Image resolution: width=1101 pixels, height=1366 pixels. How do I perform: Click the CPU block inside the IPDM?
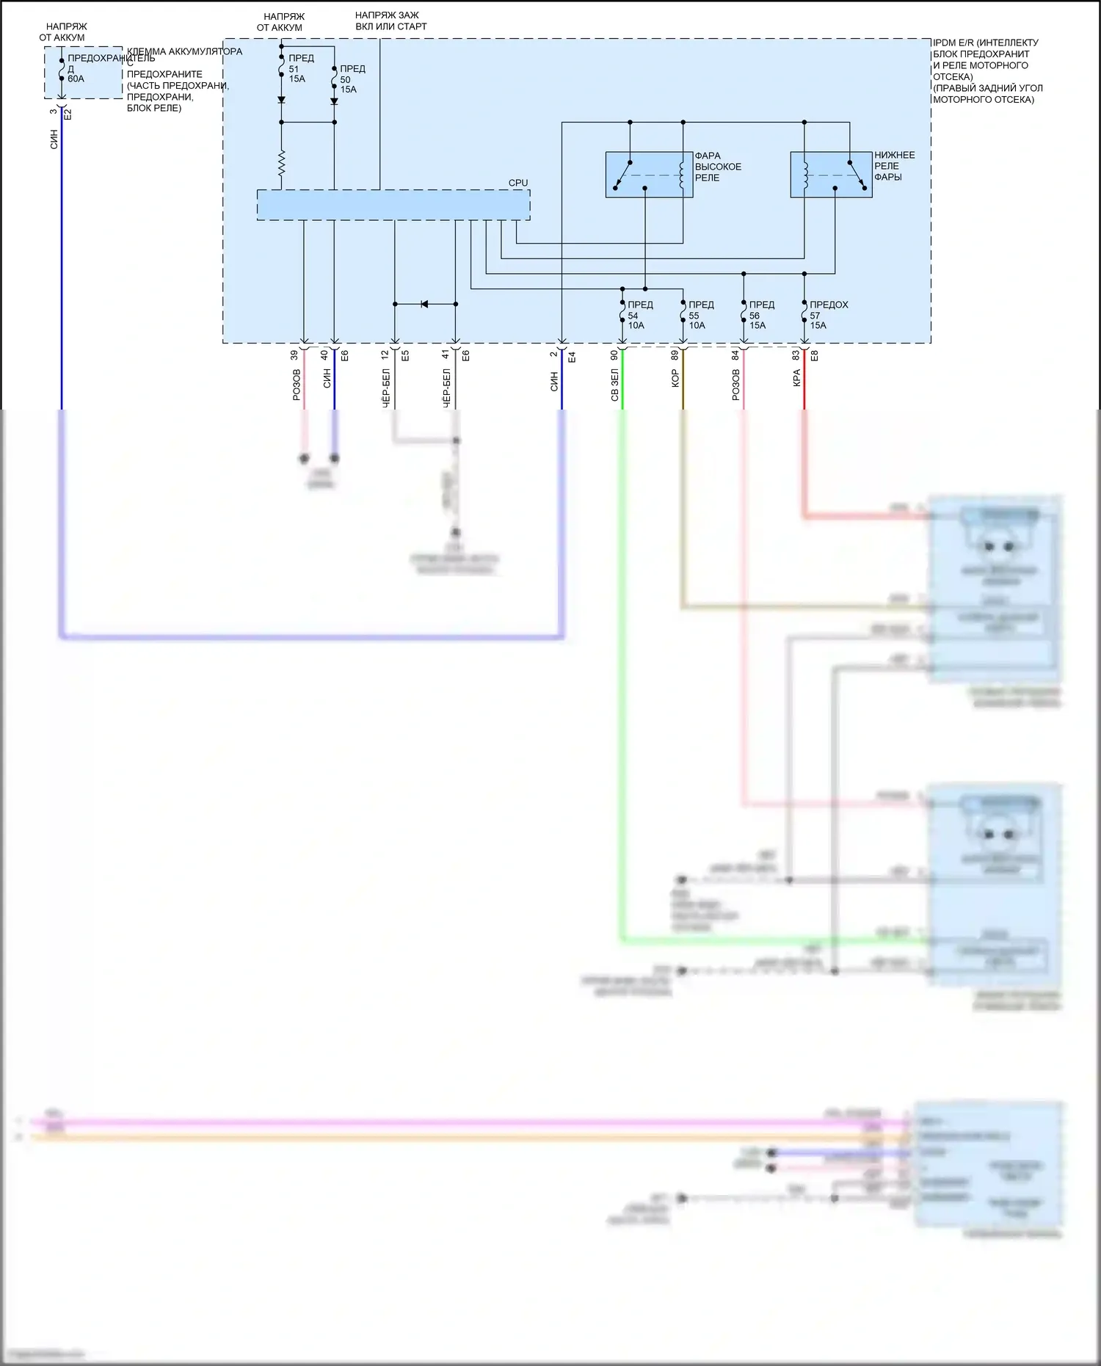tap(393, 205)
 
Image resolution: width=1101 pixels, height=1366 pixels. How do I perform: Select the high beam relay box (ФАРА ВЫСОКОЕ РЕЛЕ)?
tap(649, 175)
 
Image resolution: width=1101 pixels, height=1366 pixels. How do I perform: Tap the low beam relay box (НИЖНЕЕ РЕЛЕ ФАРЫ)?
tap(831, 175)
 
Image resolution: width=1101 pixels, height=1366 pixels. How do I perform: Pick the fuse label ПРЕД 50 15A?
tap(351, 79)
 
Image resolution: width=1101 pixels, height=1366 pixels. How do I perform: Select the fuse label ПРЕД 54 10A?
tap(639, 315)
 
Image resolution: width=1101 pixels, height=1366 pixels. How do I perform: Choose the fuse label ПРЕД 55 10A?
tap(700, 315)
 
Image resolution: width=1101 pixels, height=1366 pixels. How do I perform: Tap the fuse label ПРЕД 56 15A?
tap(760, 315)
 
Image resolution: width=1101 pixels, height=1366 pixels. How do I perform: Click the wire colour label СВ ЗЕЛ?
tap(615, 386)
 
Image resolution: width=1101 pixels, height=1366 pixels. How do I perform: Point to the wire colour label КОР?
tap(675, 379)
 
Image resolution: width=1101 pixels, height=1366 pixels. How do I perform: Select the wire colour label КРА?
tap(796, 378)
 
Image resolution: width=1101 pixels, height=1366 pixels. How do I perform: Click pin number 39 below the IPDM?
tap(294, 355)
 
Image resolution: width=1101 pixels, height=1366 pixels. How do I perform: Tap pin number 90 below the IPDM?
tap(614, 355)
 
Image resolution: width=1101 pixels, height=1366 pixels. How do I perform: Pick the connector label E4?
tap(572, 357)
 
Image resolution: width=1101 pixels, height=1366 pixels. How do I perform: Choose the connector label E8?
tap(814, 355)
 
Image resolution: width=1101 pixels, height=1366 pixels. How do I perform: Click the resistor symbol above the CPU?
tap(281, 163)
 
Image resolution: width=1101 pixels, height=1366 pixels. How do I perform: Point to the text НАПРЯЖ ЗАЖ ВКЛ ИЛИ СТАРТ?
tap(390, 21)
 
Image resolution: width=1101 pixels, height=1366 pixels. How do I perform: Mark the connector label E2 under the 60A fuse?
tap(68, 114)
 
